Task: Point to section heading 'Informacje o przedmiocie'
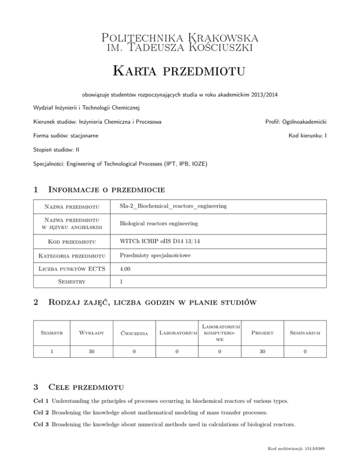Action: (108, 190)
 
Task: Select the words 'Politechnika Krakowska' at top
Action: (180, 37)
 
